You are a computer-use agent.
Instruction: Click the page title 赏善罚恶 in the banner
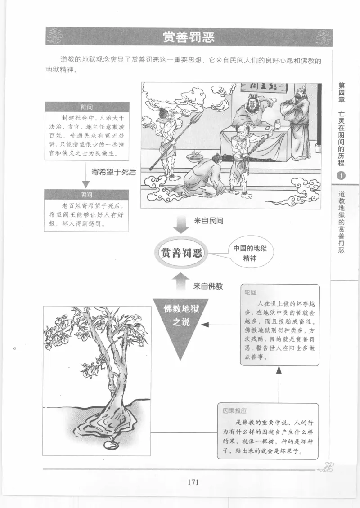tap(189, 37)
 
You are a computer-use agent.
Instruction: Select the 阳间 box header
tap(86, 107)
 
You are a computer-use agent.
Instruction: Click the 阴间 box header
tap(86, 195)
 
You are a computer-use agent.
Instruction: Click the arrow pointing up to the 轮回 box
tap(279, 370)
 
